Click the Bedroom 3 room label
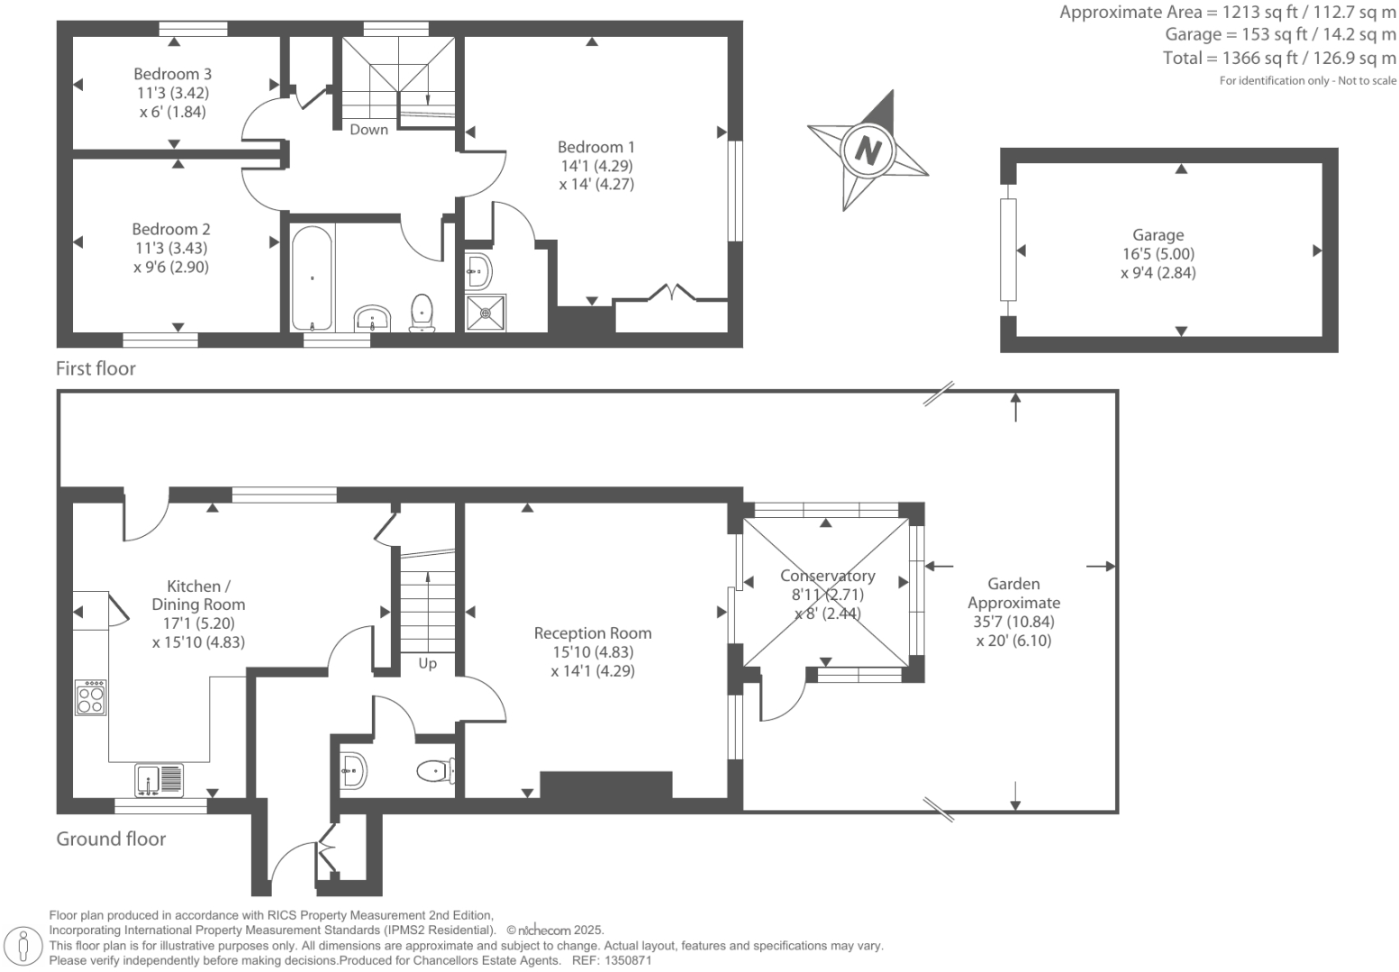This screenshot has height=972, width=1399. [172, 74]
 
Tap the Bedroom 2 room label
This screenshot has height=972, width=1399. [171, 229]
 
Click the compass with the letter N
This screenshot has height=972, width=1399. [868, 150]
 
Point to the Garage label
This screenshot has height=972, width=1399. [1158, 235]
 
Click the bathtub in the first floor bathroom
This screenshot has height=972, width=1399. [312, 277]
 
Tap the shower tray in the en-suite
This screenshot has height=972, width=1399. [486, 313]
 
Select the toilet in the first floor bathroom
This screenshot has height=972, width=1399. [422, 312]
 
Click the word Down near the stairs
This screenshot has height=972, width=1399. [368, 130]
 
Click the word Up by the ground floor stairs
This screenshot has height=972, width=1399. [427, 664]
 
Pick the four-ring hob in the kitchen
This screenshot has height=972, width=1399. [90, 697]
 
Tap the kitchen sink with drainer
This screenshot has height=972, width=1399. [159, 779]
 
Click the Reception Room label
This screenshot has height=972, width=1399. [593, 633]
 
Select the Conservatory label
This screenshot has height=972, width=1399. [827, 576]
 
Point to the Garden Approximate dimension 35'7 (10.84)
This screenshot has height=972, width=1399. [1013, 622]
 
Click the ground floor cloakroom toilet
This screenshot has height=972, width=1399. [436, 771]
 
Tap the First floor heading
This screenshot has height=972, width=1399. [95, 368]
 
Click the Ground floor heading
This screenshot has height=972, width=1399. [111, 839]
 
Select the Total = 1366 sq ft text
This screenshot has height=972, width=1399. [1279, 59]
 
